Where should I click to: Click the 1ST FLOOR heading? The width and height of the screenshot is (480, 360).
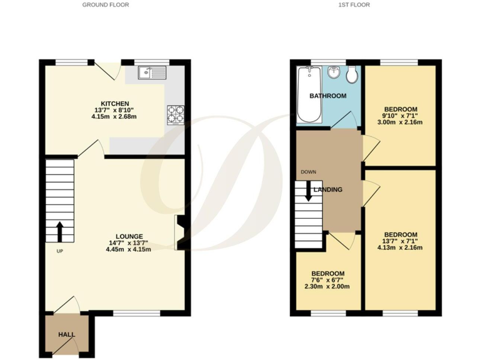point(354,5)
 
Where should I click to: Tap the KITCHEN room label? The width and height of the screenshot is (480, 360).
point(115,103)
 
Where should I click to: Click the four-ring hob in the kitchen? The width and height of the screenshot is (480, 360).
point(176,114)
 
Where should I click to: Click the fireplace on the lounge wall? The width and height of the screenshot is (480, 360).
point(179,232)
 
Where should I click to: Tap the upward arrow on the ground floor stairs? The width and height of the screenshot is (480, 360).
point(59,231)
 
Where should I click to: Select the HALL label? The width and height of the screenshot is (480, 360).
point(66,334)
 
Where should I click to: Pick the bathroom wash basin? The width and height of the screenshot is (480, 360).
point(334,73)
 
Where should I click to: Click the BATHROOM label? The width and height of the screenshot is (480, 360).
point(327,96)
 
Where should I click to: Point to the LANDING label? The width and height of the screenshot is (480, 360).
point(328,189)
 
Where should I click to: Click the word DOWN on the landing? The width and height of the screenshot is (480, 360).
point(308,172)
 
